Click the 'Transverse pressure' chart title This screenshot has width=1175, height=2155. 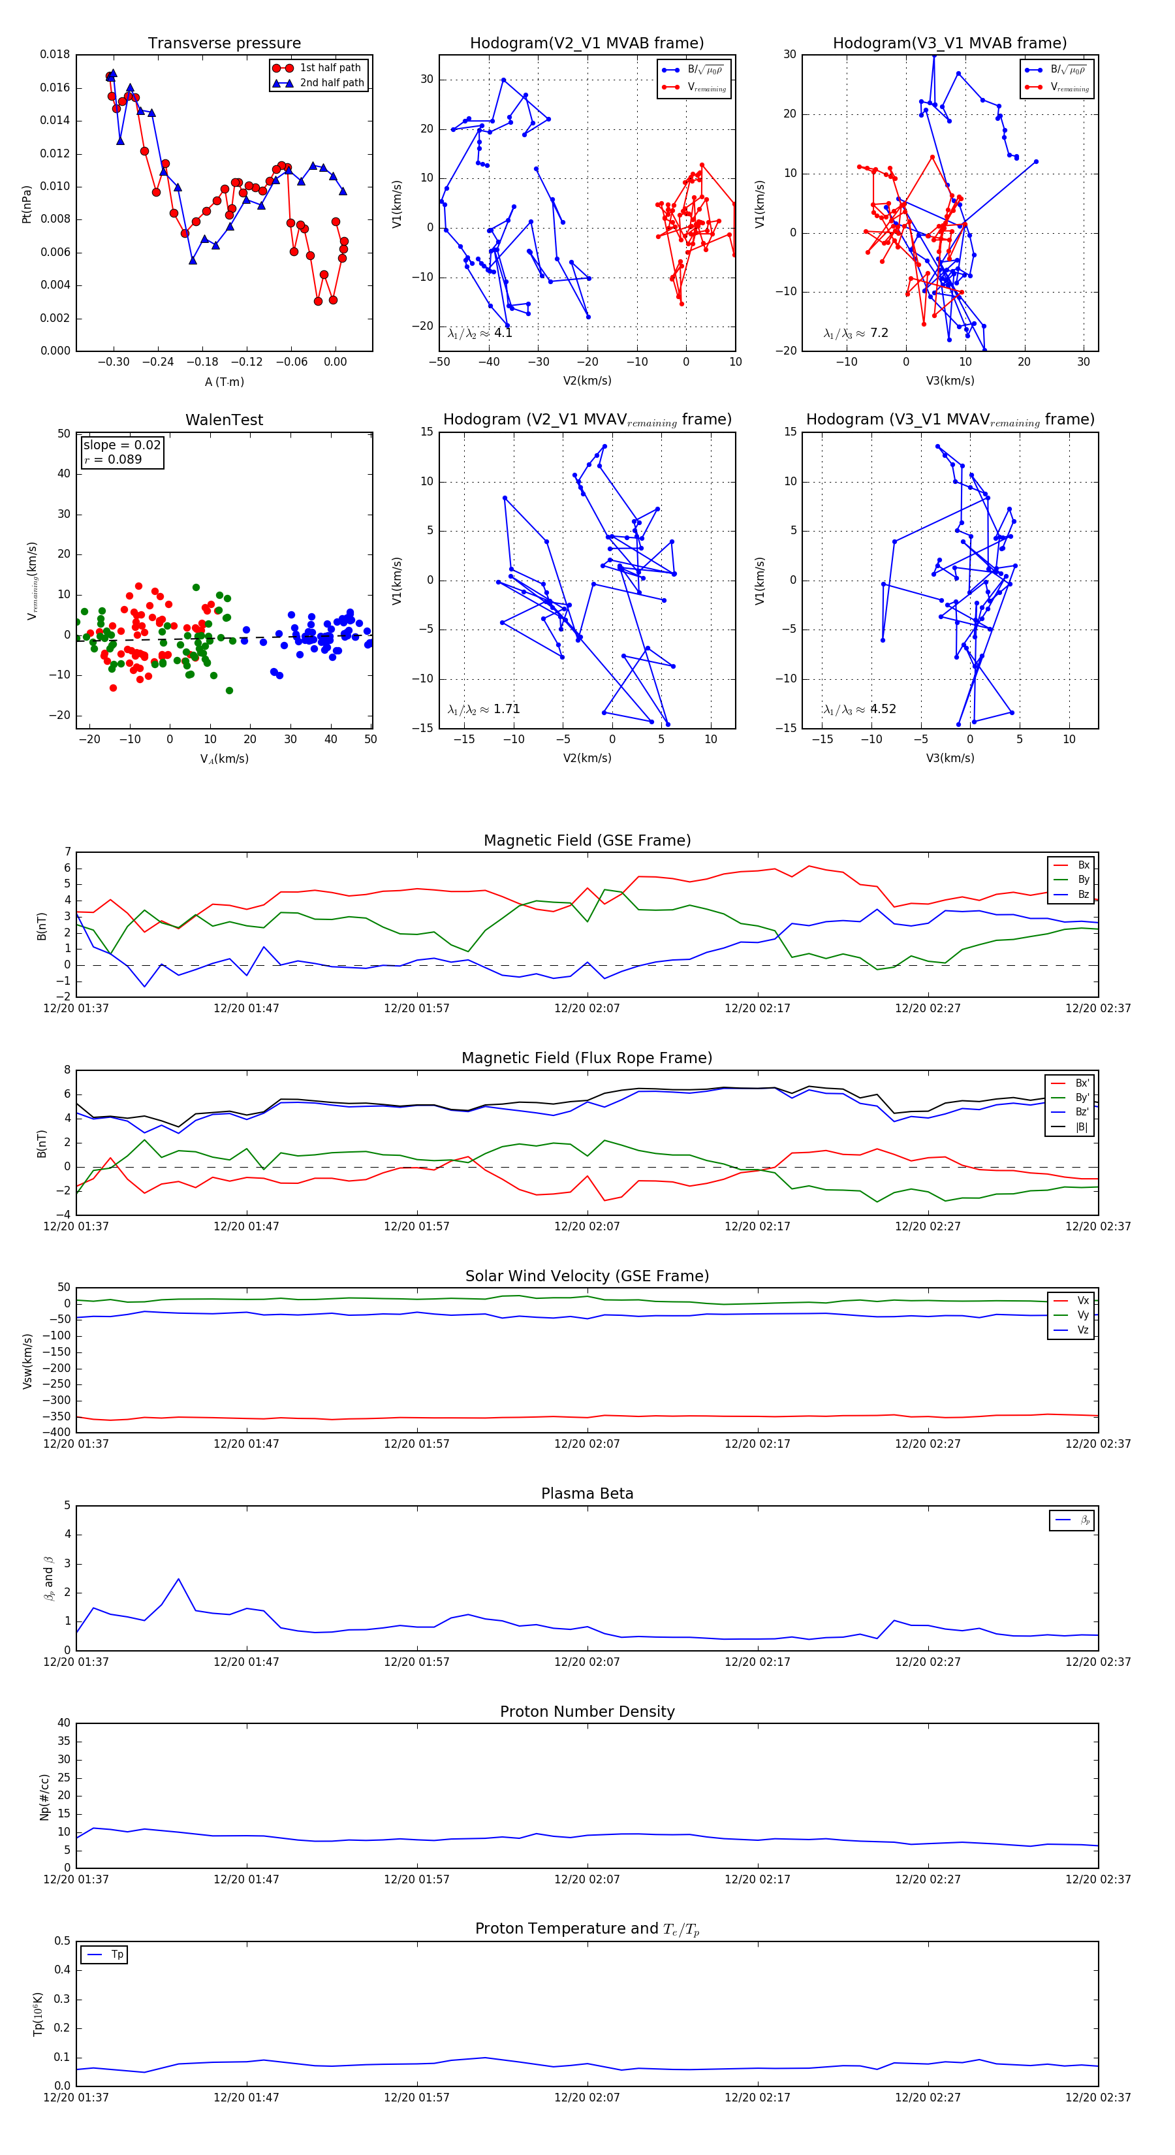tap(224, 44)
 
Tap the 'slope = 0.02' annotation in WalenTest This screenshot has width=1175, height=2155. tap(121, 445)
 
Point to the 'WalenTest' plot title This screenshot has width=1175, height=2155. tap(224, 420)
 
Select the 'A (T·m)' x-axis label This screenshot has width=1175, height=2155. tap(224, 381)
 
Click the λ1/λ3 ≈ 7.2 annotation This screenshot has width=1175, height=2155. tap(856, 333)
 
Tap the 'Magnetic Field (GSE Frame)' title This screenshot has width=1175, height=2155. tap(587, 840)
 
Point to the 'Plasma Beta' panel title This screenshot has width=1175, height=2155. tap(587, 1494)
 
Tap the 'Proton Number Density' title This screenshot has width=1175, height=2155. tap(587, 1712)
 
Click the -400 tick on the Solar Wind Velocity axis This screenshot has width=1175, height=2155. tap(57, 1432)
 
